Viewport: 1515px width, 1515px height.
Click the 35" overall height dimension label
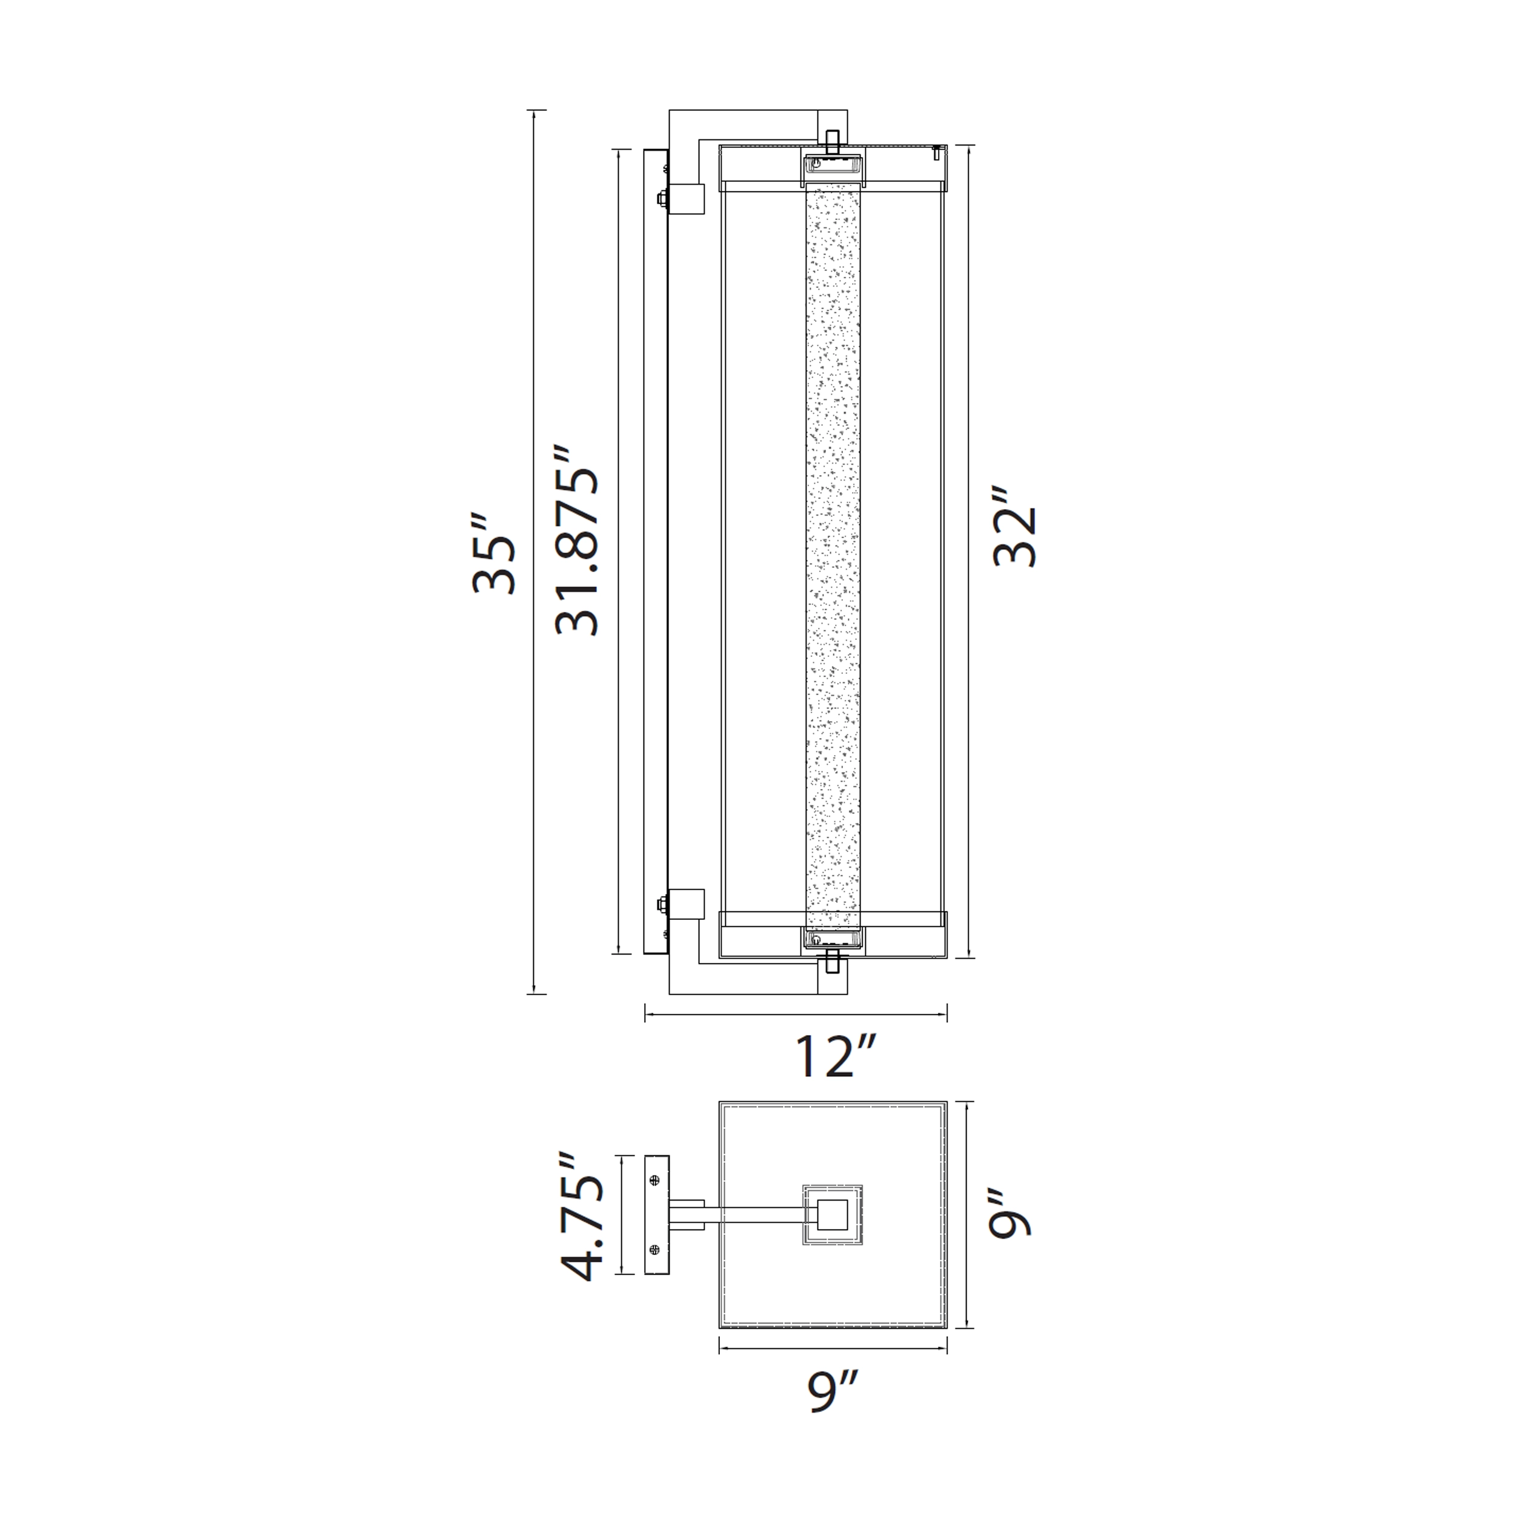[x=494, y=554]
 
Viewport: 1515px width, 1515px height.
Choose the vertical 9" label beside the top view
[x=1008, y=1214]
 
